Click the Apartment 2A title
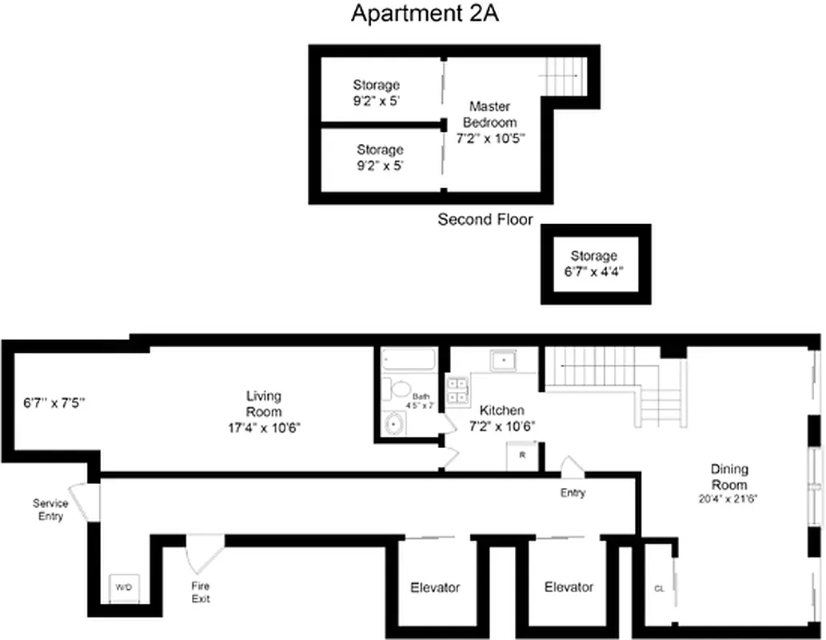pos(425,14)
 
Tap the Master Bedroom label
pos(489,122)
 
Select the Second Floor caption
pos(485,219)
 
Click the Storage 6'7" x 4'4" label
pos(593,263)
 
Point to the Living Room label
pos(264,411)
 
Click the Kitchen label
pos(501,418)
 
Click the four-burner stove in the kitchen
pos(458,390)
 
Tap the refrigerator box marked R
pos(521,456)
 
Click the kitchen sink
pos(503,360)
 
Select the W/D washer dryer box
pos(123,587)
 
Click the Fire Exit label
pos(200,593)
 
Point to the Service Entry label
pos(50,510)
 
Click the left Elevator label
pos(435,587)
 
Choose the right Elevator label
pos(569,586)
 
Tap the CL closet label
pos(659,588)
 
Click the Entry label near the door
pos(573,493)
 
